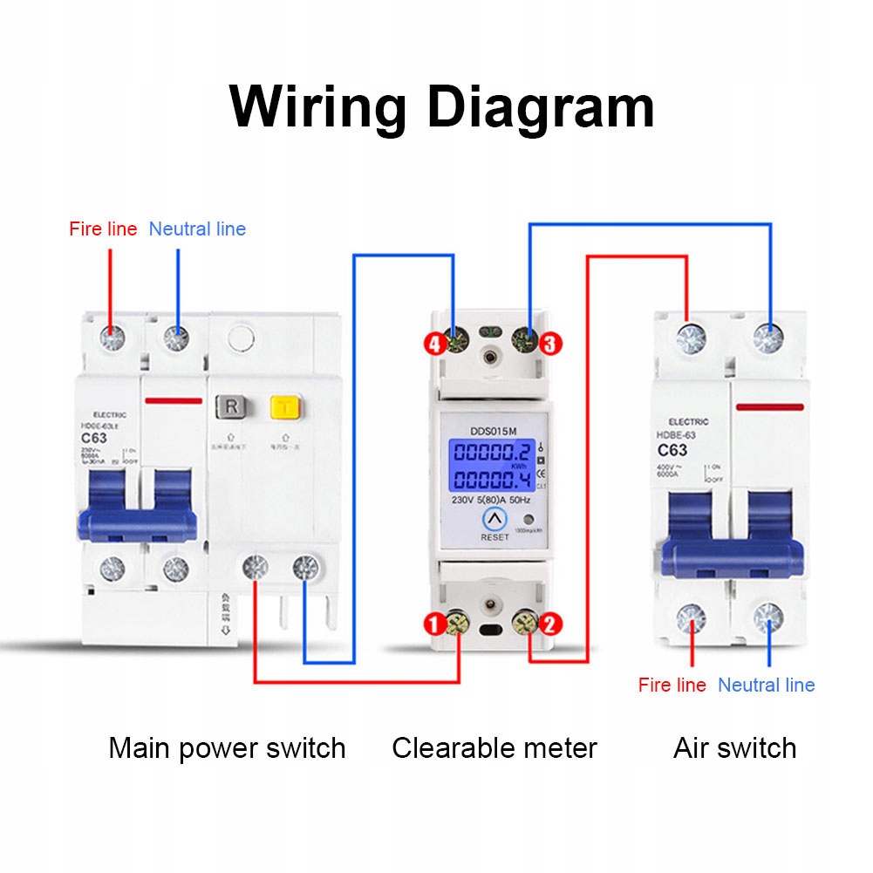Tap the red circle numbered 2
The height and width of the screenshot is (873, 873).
(x=552, y=624)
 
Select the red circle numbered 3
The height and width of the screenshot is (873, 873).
(x=549, y=344)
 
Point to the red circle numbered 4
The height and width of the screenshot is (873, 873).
(x=434, y=344)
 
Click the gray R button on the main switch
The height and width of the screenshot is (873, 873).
(x=229, y=407)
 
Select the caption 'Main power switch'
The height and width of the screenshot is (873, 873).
(x=227, y=748)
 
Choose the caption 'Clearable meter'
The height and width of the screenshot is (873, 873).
(x=494, y=748)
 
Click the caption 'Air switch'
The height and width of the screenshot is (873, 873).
(x=734, y=748)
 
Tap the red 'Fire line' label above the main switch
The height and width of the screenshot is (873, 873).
(x=103, y=229)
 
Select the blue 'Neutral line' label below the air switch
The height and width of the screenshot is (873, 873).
(x=766, y=685)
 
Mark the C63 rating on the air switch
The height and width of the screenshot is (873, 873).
(x=672, y=451)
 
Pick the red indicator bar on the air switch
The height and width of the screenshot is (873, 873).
(x=769, y=406)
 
